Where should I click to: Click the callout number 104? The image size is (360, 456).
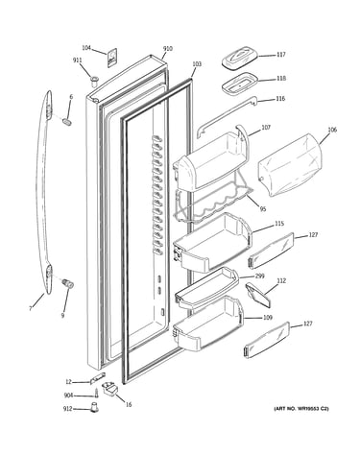[86, 48]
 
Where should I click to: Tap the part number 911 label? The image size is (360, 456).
[77, 60]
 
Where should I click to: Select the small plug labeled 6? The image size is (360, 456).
[67, 122]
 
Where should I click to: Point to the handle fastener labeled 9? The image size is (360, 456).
[68, 283]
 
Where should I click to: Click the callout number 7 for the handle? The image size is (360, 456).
[31, 308]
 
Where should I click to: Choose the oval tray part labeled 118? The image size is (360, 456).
[240, 84]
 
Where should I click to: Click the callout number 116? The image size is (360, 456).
[280, 99]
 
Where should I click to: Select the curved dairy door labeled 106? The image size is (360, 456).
[290, 165]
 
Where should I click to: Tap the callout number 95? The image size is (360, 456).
[263, 209]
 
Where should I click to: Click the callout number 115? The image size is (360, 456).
[279, 224]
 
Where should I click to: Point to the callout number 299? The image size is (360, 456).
[259, 276]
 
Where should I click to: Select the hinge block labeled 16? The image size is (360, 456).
[109, 389]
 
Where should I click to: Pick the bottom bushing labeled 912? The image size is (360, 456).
[94, 408]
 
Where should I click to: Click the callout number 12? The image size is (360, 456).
[69, 381]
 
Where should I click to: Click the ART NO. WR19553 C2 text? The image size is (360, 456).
[300, 409]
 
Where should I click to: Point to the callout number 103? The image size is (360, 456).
[197, 64]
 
